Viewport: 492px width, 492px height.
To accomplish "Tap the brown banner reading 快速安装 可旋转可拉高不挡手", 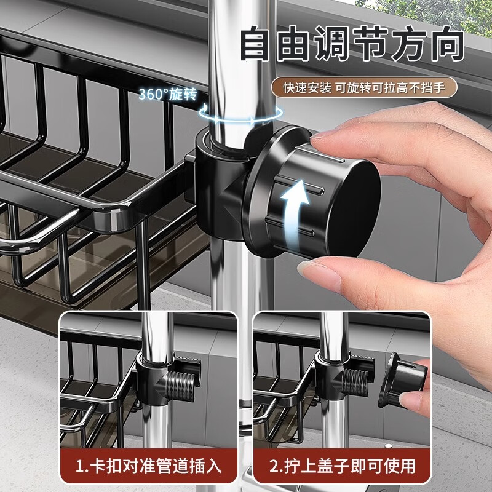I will [365, 87].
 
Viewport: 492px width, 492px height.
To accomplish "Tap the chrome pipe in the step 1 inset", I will [153, 418].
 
